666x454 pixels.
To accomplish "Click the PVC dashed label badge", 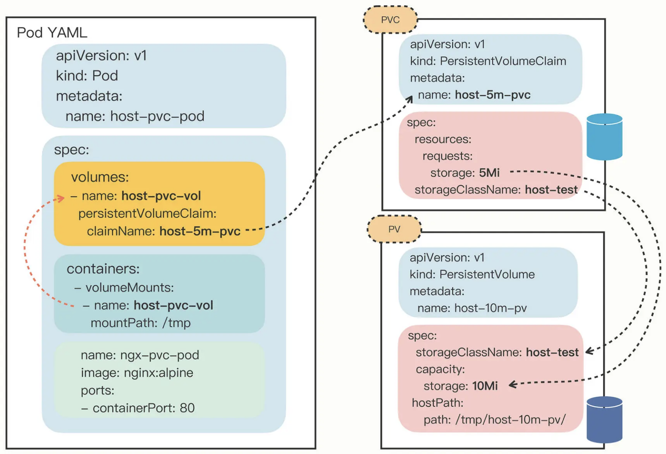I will click(390, 20).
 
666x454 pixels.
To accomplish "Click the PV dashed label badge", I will click(394, 229).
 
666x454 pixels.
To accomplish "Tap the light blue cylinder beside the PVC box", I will click(604, 137).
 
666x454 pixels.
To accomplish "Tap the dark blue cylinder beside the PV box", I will click(604, 419).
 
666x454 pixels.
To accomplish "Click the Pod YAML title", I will click(52, 33).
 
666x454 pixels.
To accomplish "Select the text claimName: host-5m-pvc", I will click(163, 231).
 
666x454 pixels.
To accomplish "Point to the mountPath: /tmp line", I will click(141, 323).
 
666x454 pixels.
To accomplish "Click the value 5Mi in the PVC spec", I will click(489, 173).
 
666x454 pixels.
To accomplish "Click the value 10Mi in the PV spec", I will click(485, 386).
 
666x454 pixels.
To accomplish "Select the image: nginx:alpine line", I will click(137, 373).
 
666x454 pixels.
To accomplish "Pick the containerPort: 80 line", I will click(138, 408).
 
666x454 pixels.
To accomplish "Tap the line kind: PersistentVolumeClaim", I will click(488, 61).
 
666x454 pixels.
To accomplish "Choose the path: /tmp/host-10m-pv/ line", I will click(494, 420).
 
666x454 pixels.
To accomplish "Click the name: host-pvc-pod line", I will click(135, 116).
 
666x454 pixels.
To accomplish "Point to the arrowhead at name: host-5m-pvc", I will click(410, 98).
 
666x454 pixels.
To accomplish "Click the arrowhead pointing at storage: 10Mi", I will click(512, 385).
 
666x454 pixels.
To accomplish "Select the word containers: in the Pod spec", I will click(103, 269).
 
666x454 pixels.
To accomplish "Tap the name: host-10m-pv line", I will click(472, 308).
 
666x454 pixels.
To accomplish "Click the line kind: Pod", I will click(87, 76).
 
